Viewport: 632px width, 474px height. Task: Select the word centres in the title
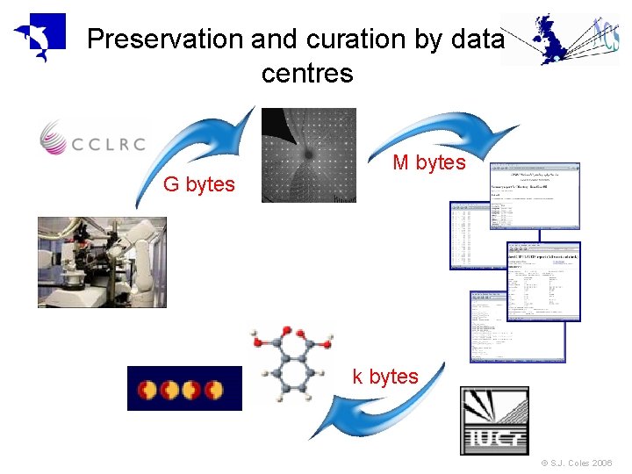pyautogui.click(x=307, y=74)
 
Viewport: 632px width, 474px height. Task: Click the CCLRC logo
pyautogui.click(x=93, y=140)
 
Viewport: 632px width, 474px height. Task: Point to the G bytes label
pyautogui.click(x=199, y=184)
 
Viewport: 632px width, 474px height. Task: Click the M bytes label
pyautogui.click(x=429, y=162)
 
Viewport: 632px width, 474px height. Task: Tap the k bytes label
pyautogui.click(x=385, y=377)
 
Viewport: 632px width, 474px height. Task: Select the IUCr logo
pyautogui.click(x=495, y=420)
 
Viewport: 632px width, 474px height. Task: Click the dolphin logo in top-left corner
pyautogui.click(x=39, y=38)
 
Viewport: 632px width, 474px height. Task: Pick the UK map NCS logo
pyautogui.click(x=559, y=39)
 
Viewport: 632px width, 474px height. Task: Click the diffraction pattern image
pyautogui.click(x=309, y=154)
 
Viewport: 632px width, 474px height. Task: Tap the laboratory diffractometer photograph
pyautogui.click(x=101, y=262)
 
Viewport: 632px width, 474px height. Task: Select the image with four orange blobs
pyautogui.click(x=184, y=388)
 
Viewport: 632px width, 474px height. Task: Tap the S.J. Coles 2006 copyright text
pyautogui.click(x=577, y=463)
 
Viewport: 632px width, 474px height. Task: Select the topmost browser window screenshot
pyautogui.click(x=535, y=195)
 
